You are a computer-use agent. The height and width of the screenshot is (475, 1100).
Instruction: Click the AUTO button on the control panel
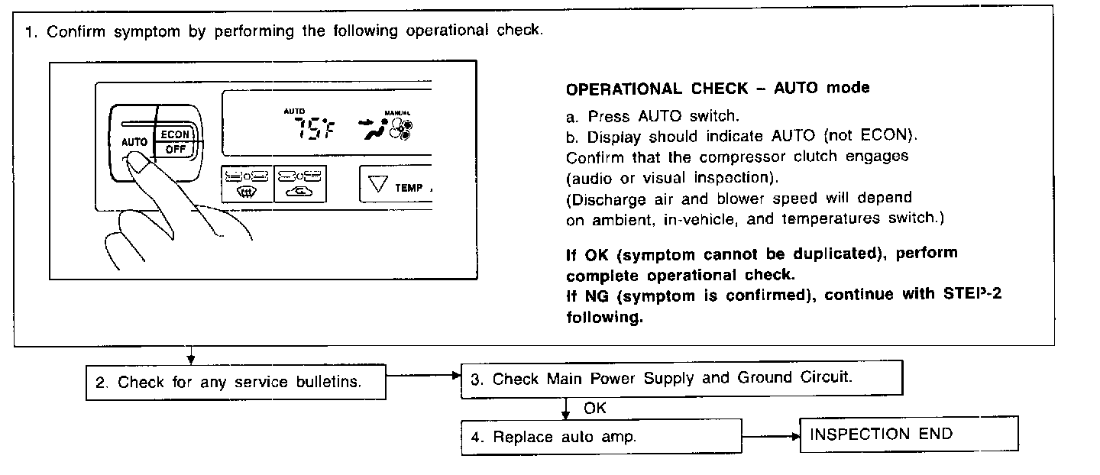point(133,142)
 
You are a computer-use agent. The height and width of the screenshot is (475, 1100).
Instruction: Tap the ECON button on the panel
point(175,134)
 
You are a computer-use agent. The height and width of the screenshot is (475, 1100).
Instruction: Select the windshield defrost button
point(245,184)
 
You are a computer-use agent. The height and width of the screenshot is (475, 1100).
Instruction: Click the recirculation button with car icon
point(299,184)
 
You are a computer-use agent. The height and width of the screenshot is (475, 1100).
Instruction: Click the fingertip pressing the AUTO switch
point(135,161)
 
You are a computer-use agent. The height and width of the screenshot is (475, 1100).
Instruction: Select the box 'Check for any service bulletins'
point(235,382)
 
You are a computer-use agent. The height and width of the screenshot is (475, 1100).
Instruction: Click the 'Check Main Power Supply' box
point(681,379)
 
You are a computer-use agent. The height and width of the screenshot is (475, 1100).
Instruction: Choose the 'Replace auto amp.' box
point(600,438)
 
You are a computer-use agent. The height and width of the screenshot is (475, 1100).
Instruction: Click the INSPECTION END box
point(908,434)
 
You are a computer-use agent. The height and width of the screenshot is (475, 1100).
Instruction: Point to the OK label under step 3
point(594,409)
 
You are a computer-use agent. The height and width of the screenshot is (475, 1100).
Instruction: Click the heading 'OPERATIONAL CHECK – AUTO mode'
point(717,89)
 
